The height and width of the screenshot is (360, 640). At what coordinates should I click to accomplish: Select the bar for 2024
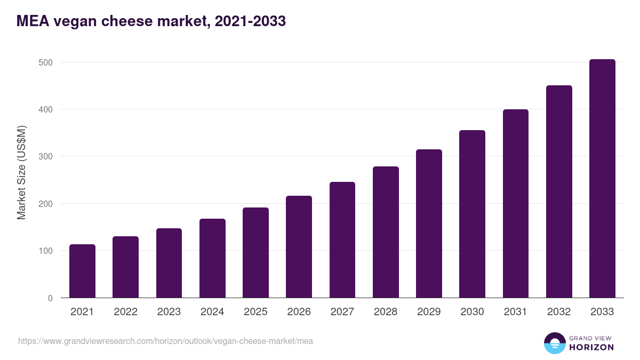pos(212,258)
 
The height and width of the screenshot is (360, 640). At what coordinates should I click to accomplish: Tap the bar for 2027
pos(342,240)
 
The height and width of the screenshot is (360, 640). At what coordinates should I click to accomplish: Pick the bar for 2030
pos(472,214)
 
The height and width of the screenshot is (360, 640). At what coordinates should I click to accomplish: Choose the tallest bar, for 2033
pos(602,179)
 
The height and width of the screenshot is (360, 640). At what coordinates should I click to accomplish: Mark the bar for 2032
pos(559,191)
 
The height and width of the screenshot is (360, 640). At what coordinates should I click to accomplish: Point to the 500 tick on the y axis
pos(46,62)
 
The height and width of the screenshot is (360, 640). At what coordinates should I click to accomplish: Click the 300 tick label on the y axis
pos(46,156)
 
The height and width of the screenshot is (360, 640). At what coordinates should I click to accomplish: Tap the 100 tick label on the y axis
pos(46,251)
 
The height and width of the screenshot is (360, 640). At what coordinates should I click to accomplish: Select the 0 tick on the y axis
pos(51,298)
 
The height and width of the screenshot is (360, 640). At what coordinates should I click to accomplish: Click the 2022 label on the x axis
pos(125,312)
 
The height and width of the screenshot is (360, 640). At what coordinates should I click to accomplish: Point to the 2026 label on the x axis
pos(299,312)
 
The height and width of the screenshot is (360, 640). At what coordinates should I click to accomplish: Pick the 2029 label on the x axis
pos(429,312)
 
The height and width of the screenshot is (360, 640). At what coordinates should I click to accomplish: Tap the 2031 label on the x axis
pos(516,312)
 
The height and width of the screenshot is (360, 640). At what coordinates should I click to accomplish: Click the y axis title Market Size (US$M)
pos(21,172)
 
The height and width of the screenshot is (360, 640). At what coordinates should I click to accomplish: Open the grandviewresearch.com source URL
pos(165,341)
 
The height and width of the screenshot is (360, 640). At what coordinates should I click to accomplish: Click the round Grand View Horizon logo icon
pos(555,343)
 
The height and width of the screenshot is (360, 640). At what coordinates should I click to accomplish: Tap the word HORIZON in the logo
pos(591,347)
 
